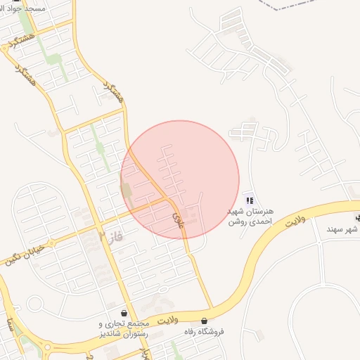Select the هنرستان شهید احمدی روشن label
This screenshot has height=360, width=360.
[250, 216]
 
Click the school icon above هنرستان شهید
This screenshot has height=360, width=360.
[250, 200]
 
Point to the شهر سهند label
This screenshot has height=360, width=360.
[342, 229]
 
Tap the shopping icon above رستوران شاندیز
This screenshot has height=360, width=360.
[124, 313]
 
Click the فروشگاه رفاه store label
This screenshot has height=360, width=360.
[203, 331]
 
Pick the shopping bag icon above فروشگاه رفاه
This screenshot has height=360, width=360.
[204, 321]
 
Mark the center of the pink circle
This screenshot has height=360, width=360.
[180, 180]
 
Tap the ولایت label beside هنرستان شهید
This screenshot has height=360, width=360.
[293, 221]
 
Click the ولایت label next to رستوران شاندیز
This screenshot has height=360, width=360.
[169, 321]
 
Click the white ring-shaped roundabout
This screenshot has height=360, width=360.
[34, 304]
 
